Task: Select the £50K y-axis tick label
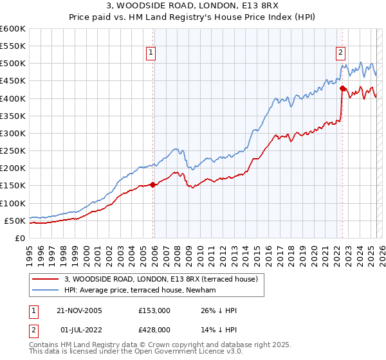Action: [x=14, y=221]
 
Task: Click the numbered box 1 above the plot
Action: [x=151, y=53]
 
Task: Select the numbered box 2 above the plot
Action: [x=340, y=53]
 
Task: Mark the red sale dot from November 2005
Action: [x=152, y=184]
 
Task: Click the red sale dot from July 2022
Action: [x=342, y=89]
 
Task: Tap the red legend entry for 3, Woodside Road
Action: [x=161, y=279]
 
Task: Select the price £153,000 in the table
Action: [x=154, y=310]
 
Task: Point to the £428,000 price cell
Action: [x=154, y=329]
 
